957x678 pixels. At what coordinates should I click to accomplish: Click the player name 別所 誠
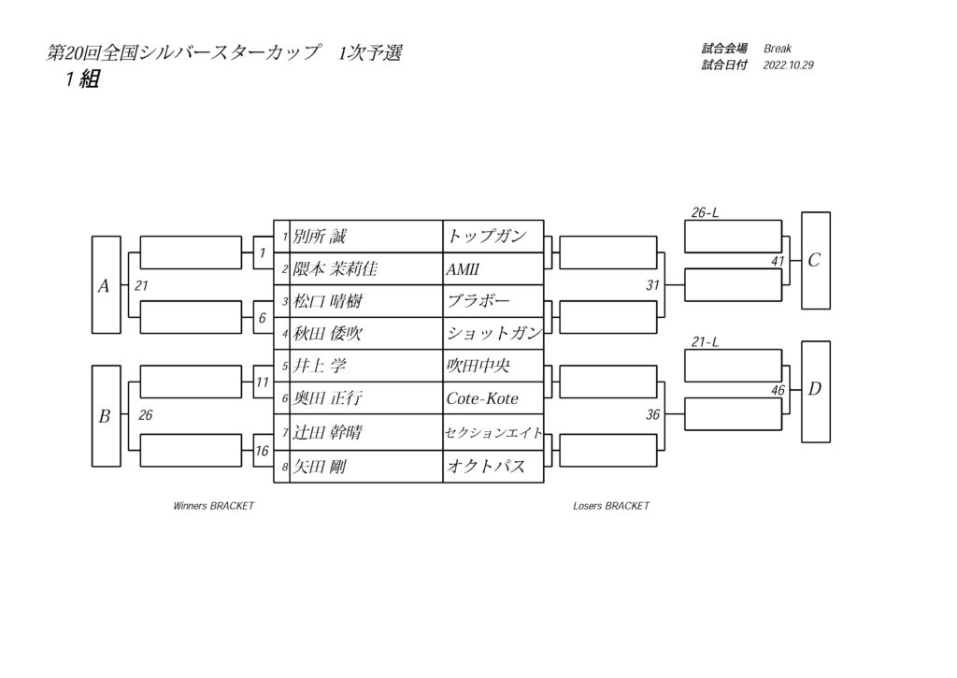320,237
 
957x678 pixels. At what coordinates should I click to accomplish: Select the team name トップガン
486,237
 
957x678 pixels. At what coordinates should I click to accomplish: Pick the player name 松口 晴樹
328,301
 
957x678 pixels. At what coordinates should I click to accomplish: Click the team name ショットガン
493,333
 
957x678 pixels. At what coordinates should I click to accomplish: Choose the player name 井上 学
320,366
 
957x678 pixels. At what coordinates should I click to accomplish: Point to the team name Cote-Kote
482,399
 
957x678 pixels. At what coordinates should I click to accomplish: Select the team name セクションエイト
493,433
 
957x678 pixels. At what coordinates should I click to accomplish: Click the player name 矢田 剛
320,468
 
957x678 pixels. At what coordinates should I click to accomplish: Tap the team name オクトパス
486,468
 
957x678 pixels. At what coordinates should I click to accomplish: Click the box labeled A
107,284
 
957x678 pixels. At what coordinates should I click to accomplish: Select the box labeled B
107,416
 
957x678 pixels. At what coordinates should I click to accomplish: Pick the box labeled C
815,261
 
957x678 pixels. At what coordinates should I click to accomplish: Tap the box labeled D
815,392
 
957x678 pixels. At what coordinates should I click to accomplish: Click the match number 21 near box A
142,286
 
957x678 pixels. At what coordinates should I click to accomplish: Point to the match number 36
652,414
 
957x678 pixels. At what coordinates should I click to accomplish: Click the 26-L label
705,212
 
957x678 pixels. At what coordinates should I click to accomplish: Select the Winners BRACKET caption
214,506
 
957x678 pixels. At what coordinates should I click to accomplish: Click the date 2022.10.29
788,65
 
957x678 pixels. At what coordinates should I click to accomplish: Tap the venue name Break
778,49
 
